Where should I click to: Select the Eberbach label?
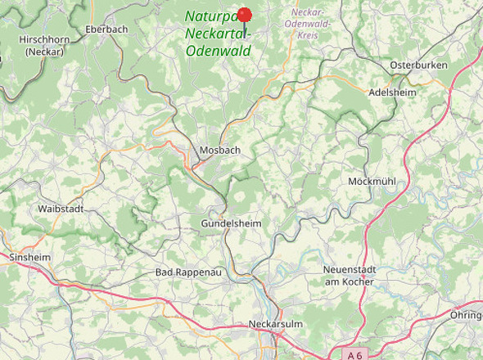(106, 29)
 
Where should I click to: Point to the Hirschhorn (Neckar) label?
(44, 45)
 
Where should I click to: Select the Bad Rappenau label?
(188, 272)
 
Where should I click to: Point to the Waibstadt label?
(61, 209)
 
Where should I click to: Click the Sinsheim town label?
(29, 257)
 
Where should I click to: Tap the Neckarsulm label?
(275, 325)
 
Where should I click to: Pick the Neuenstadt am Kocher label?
(350, 276)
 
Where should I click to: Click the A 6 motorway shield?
(354, 355)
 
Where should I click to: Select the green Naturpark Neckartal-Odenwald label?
(218, 34)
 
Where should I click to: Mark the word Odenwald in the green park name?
(219, 51)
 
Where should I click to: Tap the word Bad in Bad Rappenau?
(165, 272)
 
